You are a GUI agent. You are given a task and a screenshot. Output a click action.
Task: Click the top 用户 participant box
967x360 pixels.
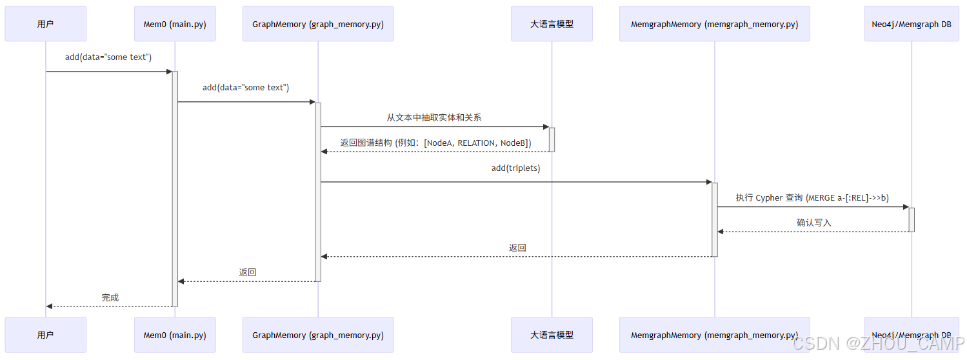pos(45,24)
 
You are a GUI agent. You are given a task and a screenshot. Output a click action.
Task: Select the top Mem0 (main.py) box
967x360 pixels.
pos(175,24)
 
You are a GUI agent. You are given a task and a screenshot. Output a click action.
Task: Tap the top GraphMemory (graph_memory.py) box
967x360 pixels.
pos(318,24)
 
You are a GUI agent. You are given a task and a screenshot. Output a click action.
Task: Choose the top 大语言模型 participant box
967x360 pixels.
pos(552,24)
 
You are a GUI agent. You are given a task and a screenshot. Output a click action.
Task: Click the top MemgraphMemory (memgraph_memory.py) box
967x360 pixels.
pos(714,24)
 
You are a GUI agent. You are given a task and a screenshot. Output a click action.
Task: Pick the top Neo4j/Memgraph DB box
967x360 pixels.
pos(912,24)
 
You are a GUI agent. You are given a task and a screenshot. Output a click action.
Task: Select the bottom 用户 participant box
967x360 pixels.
pos(45,335)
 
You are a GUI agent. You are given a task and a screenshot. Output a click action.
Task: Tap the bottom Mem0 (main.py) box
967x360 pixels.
pos(175,335)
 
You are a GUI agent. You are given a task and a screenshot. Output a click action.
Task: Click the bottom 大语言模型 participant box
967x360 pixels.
pos(552,335)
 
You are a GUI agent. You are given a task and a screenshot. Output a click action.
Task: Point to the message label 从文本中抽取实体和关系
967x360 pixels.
pos(434,117)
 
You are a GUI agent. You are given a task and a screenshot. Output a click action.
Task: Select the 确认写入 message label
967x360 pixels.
pos(813,223)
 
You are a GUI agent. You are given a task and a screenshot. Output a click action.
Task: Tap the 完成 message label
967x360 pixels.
pos(110,297)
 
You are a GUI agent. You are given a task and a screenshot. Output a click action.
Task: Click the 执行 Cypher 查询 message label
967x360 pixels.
pos(812,197)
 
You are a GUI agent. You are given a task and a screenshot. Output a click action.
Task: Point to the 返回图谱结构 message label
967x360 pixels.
pos(435,143)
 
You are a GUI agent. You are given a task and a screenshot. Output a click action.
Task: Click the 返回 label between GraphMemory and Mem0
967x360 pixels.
pos(248,272)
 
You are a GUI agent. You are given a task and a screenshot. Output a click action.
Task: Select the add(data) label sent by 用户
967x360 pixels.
pos(108,57)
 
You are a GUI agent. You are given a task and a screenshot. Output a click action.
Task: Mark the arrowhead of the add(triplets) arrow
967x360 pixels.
pos(708,182)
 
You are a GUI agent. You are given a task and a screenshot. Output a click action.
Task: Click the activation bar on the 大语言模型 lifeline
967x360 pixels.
pos(552,139)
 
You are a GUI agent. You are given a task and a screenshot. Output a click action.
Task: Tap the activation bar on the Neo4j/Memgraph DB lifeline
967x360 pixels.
pos(912,219)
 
